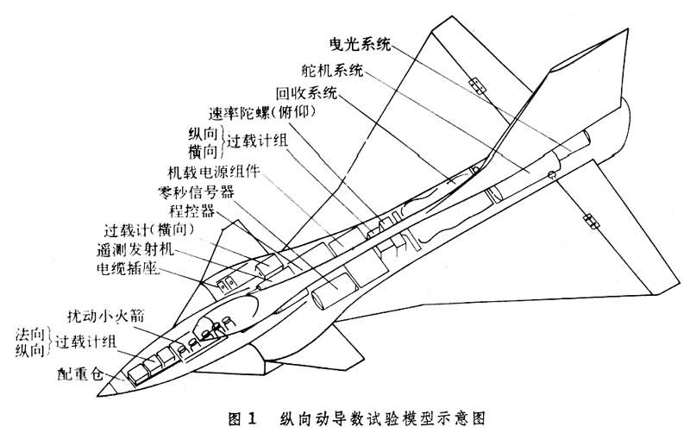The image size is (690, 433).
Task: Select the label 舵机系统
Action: (x=334, y=68)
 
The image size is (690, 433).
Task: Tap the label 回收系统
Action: (x=306, y=92)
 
